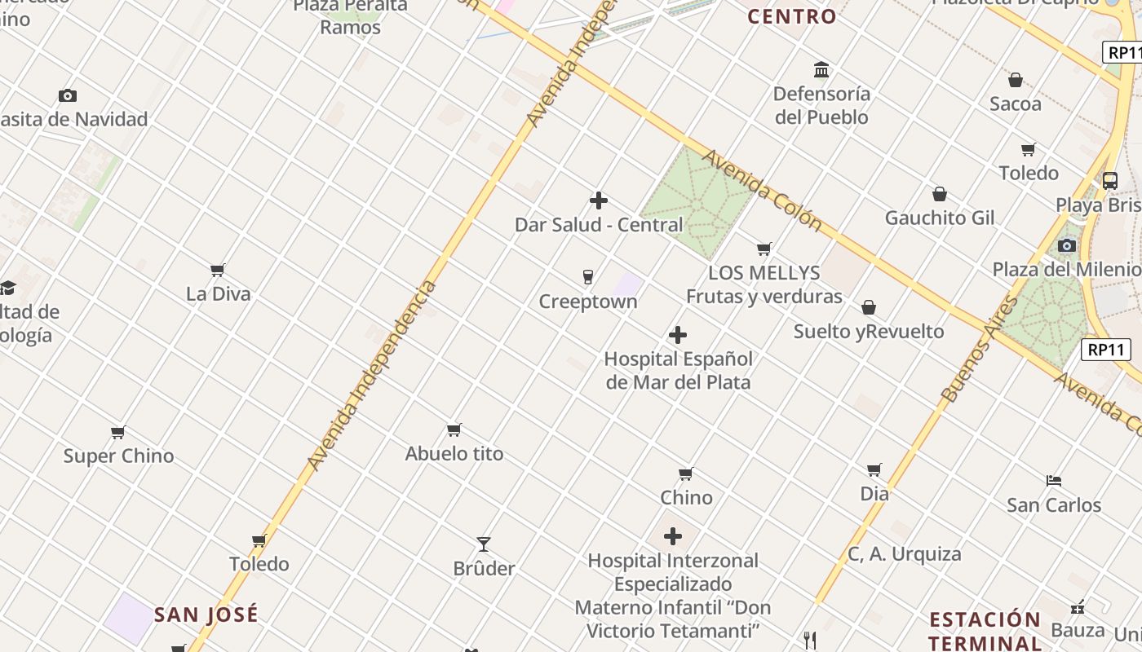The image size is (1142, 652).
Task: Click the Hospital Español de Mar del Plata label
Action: coord(677,370)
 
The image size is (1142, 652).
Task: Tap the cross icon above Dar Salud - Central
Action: coord(599,200)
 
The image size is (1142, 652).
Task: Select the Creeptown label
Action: coord(587,302)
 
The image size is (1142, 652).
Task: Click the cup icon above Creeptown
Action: coord(587,278)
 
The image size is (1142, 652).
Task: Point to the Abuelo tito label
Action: coord(454,453)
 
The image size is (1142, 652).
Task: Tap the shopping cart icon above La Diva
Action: coord(217,270)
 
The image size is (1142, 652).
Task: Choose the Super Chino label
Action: coord(119,456)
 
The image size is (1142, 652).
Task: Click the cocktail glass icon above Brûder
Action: coord(484,544)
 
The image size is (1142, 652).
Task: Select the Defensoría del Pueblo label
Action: coord(821,105)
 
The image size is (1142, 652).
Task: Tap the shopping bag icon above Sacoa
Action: coord(1016,80)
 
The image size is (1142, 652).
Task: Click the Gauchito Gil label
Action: coord(940,218)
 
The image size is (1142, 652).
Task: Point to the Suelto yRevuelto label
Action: coord(869,332)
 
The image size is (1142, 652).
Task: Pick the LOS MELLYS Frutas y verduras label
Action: coord(764,284)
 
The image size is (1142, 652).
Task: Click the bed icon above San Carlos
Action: coord(1054,481)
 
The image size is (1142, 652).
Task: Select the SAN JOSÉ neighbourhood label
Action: coord(206,614)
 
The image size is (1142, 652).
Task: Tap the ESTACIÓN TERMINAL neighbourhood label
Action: coord(985,630)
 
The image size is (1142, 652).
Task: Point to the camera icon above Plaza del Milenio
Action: coord(1067,245)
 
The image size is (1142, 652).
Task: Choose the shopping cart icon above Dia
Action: coord(874,469)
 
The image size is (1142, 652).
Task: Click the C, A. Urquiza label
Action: coord(905,554)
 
